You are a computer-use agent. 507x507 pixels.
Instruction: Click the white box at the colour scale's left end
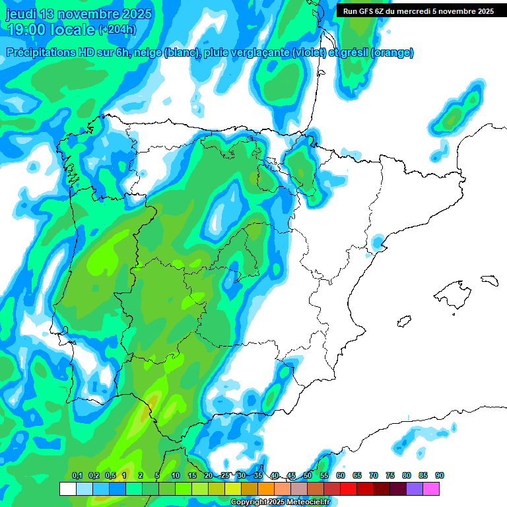(x=67, y=489)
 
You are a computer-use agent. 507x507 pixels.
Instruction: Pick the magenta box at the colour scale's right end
(x=431, y=489)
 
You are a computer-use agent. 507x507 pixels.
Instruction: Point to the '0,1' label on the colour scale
(x=77, y=475)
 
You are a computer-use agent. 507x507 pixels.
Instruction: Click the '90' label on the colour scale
(x=439, y=475)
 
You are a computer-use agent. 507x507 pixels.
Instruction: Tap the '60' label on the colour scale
(x=341, y=475)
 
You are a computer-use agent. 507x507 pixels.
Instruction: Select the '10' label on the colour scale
(x=176, y=475)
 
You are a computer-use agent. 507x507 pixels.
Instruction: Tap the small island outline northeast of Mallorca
(x=488, y=280)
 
